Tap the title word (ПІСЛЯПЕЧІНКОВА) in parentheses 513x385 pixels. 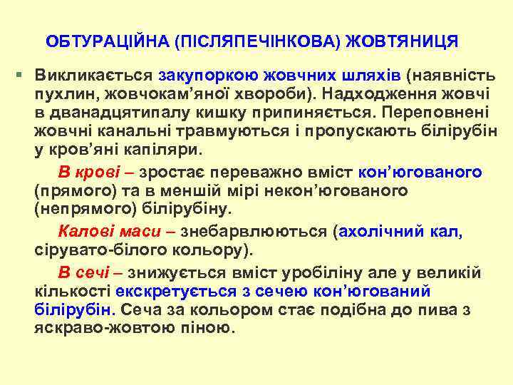pos(255,40)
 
